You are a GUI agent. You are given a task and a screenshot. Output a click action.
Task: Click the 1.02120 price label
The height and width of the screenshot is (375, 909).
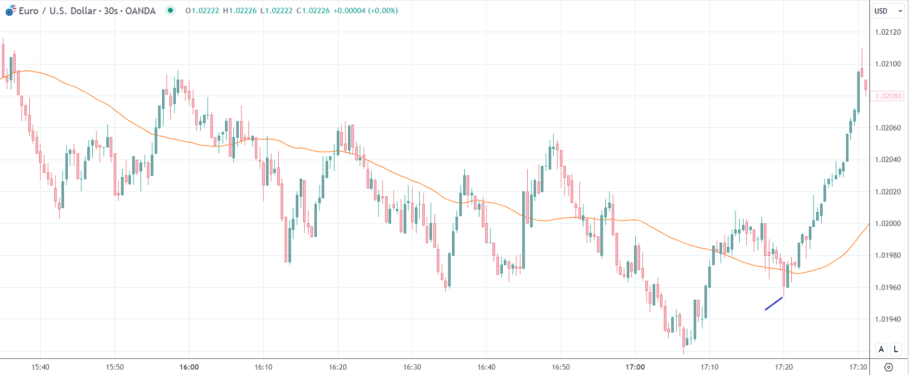point(887,32)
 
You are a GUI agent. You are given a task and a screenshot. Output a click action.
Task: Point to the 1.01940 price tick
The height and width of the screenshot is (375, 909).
point(887,319)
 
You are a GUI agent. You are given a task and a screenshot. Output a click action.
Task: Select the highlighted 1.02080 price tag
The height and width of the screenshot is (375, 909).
point(888,96)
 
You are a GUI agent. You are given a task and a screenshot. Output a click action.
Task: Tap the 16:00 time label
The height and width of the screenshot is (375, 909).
point(189,367)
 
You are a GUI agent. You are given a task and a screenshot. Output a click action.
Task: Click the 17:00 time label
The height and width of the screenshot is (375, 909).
point(635,367)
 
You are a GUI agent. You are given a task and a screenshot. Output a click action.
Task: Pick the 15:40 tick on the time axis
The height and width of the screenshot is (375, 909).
point(40,367)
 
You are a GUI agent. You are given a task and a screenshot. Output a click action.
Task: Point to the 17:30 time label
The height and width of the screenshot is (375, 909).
point(858,367)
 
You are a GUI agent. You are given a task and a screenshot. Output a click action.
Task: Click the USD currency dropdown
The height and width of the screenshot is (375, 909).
point(887,11)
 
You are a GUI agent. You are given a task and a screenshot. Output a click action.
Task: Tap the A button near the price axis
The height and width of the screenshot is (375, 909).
point(881,350)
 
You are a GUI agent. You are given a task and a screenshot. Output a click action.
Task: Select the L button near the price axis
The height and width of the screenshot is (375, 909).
point(896,350)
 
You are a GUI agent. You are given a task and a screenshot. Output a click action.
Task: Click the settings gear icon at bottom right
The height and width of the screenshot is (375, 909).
point(888,367)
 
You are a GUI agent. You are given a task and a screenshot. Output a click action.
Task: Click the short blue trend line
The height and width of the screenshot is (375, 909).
point(774,303)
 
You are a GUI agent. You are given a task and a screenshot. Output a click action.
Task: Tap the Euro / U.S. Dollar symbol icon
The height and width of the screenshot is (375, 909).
point(10,10)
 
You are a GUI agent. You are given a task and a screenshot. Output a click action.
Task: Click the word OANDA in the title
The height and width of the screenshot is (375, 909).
point(140,10)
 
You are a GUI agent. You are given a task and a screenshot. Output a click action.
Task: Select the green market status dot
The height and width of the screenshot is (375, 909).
point(170,10)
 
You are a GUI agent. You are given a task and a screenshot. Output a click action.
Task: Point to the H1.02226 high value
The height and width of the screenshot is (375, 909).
point(239,10)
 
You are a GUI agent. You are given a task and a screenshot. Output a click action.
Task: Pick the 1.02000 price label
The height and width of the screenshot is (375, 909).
point(887,223)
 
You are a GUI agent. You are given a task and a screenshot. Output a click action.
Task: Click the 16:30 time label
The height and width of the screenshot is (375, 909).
point(412,367)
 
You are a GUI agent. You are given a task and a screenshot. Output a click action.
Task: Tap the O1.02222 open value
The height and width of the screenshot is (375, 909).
point(202,10)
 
